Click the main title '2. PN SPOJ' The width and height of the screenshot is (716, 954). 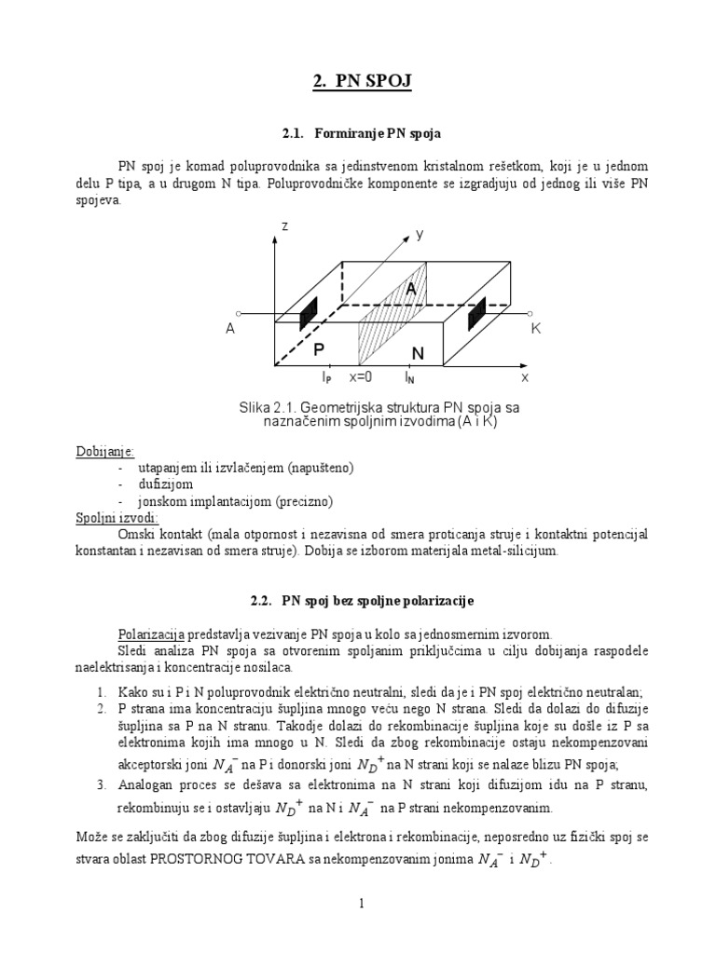(358, 84)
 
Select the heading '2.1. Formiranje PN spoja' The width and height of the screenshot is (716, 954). (357, 134)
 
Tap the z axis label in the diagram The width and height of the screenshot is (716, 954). (283, 226)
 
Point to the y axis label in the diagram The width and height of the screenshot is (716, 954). (420, 236)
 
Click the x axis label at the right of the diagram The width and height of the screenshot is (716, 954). (525, 377)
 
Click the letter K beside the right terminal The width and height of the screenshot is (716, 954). (536, 329)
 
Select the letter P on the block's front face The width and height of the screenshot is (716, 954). (319, 349)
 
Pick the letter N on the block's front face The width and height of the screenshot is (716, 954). (418, 354)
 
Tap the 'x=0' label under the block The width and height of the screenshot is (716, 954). (361, 377)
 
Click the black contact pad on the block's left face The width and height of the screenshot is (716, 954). (309, 314)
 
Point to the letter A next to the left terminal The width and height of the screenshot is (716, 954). (229, 329)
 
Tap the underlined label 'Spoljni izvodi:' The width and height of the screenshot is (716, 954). (117, 517)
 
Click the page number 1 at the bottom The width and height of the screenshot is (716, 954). (358, 903)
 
